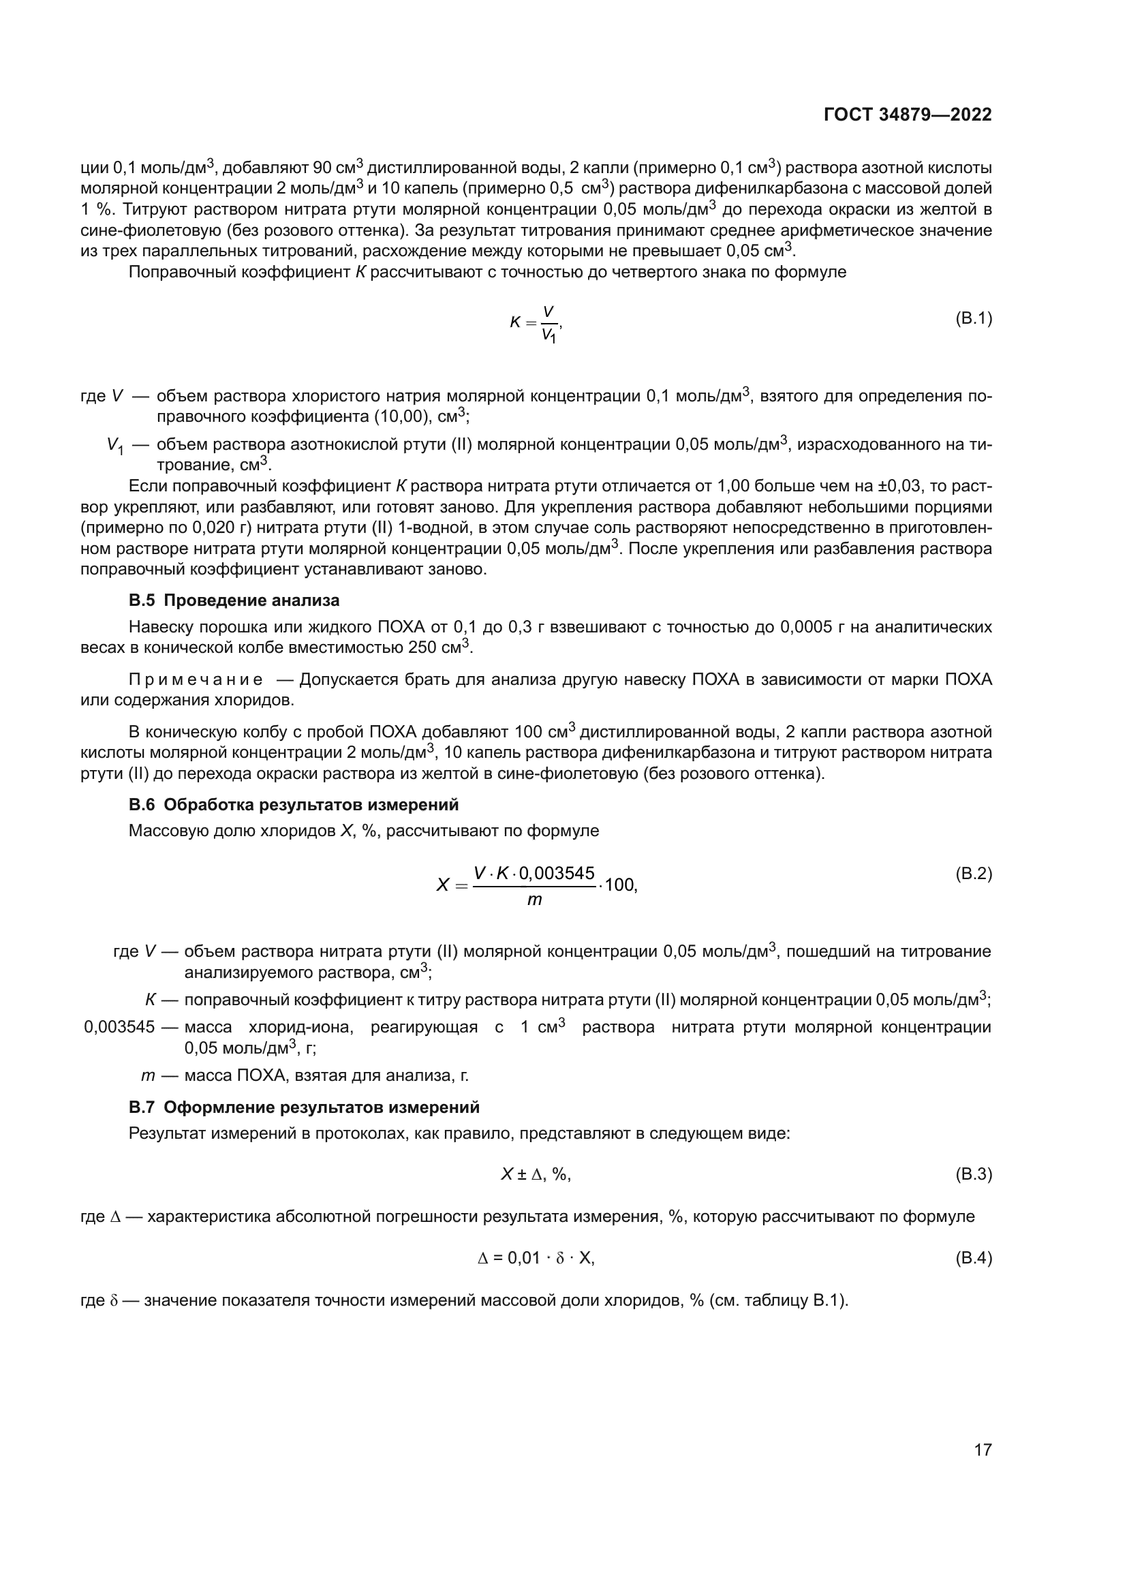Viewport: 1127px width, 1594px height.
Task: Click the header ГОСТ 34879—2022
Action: point(908,115)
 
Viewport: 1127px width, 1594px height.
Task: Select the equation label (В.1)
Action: point(974,319)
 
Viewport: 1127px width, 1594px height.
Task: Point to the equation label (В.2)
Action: point(974,874)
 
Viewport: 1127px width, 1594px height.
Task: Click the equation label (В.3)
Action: point(974,1174)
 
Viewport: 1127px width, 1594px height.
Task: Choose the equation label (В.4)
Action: point(974,1257)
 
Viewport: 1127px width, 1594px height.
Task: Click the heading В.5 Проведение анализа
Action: point(234,600)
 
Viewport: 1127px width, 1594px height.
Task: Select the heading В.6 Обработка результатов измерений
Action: point(294,805)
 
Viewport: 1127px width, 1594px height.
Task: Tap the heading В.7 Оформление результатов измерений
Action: point(304,1107)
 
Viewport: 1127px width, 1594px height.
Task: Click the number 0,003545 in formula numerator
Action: point(557,874)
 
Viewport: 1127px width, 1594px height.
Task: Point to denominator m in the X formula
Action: point(534,900)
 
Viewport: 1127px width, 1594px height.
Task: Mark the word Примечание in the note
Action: point(196,679)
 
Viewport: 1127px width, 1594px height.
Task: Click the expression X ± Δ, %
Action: point(535,1174)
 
